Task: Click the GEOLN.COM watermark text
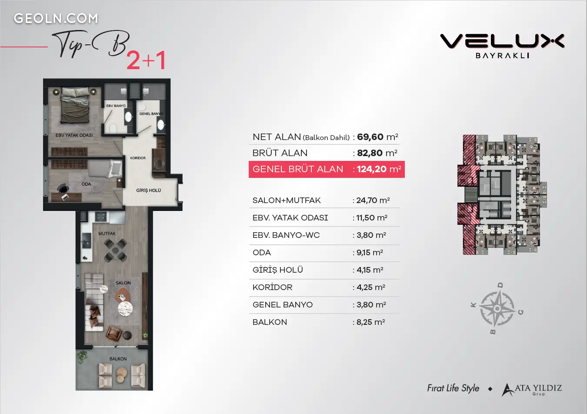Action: coord(56,19)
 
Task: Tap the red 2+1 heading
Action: coord(146,60)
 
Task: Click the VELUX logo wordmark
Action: coord(502,41)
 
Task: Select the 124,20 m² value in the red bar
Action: coord(379,169)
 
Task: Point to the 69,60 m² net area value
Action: coord(377,137)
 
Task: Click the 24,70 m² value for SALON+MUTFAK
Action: coord(373,200)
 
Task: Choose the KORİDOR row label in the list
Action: coord(272,287)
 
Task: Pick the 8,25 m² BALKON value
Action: coord(370,322)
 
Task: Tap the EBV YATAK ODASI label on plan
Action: coord(74,135)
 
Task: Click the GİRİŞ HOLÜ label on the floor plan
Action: coord(148,190)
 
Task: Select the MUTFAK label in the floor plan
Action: coord(107,234)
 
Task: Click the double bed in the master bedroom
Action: coord(75,105)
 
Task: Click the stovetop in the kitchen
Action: coord(100,217)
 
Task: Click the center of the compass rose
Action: coord(497,309)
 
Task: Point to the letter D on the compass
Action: coord(500,285)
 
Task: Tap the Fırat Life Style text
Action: coord(453,388)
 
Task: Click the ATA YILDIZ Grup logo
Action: coord(532,390)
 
